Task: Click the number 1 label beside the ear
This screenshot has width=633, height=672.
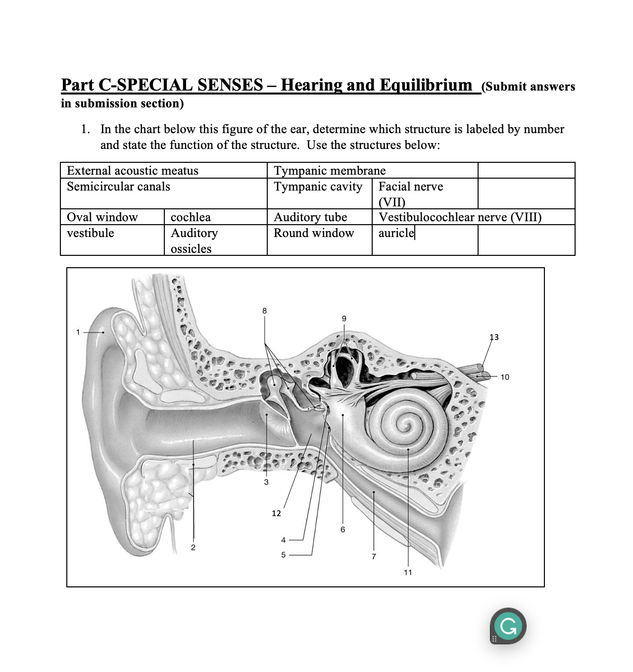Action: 78,332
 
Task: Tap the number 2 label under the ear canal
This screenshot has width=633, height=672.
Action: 193,547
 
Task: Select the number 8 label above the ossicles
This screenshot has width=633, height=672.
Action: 264,311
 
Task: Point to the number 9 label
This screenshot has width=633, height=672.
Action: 344,318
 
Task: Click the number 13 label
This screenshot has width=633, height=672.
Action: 494,337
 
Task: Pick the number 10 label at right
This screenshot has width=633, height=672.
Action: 504,377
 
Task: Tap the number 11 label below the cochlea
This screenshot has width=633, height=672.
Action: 408,572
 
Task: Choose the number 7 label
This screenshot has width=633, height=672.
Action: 374,556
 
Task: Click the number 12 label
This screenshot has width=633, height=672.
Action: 276,513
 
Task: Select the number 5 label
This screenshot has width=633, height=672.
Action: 283,555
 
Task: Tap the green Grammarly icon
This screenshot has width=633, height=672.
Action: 508,626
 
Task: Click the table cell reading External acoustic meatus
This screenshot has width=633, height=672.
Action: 133,171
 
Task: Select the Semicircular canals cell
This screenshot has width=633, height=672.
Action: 119,187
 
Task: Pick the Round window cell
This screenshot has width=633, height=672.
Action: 314,233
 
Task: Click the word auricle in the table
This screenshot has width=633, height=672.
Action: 396,233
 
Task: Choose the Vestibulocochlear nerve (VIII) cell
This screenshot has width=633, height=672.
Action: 460,217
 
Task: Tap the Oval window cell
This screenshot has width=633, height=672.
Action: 102,217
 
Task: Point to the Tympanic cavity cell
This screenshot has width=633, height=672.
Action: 318,187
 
